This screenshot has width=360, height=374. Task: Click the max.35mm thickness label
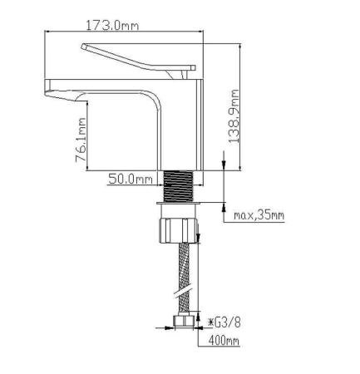click(x=258, y=215)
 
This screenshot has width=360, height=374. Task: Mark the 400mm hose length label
click(x=224, y=341)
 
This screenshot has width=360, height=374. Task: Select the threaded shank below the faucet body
click(x=179, y=185)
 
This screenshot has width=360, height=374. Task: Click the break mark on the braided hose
click(x=178, y=291)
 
